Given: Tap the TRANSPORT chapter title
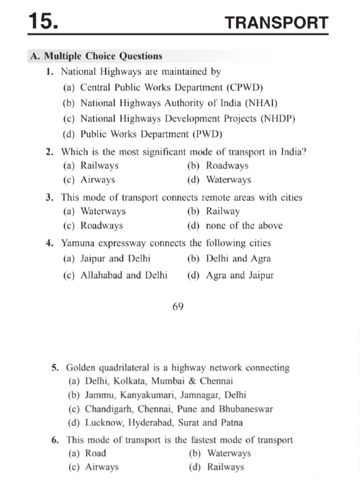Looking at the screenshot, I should pyautogui.click(x=276, y=22).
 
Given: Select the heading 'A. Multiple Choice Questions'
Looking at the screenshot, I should pyautogui.click(x=96, y=56).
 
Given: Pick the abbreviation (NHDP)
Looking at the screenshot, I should pyautogui.click(x=278, y=119).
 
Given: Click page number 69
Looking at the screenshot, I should pyautogui.click(x=178, y=307).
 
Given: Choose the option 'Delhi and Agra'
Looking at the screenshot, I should pyautogui.click(x=238, y=259).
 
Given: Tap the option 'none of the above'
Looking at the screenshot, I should pyautogui.click(x=244, y=226).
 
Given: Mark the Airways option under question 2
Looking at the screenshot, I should pyautogui.click(x=97, y=180).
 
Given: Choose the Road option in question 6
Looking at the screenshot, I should pyautogui.click(x=96, y=453).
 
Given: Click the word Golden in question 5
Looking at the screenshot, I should pyautogui.click(x=81, y=368).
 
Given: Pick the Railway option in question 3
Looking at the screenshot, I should pyautogui.click(x=223, y=211).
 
